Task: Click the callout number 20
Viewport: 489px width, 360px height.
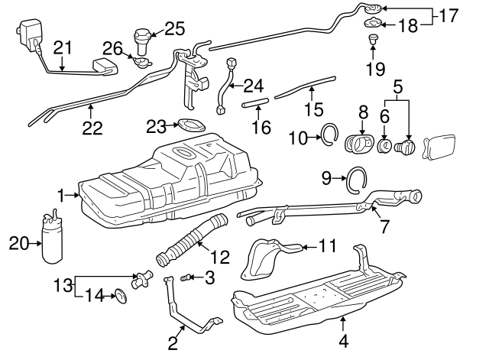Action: coord(18,243)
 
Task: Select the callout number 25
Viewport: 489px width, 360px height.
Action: coord(175,29)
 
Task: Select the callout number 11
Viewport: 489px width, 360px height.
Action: coord(327,247)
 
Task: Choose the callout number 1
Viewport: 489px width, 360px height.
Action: coord(60,196)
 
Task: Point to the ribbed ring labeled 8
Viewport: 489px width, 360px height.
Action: coord(361,143)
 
